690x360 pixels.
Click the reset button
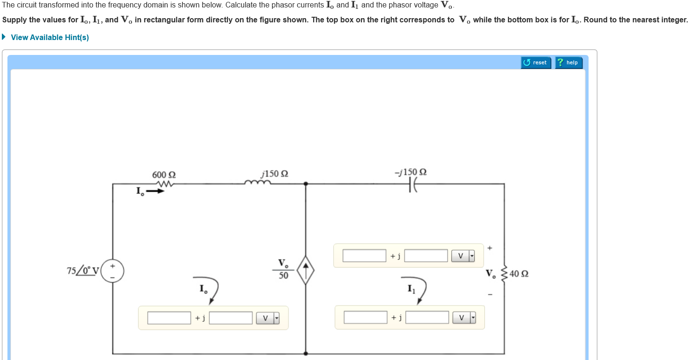click(x=536, y=62)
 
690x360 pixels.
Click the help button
click(x=568, y=62)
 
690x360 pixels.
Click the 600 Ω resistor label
click(x=164, y=175)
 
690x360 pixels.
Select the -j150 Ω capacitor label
click(x=410, y=172)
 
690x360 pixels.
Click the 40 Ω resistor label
click(x=519, y=273)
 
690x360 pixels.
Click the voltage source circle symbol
click(x=113, y=271)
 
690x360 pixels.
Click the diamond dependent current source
click(x=305, y=271)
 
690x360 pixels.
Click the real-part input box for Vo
click(x=364, y=256)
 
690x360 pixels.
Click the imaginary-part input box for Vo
click(x=426, y=256)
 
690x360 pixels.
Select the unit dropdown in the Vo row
click(x=463, y=256)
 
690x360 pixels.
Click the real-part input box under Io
click(x=169, y=318)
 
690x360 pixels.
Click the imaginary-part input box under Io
click(x=230, y=318)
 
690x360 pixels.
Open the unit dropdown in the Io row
click(x=268, y=318)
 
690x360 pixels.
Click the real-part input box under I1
click(x=365, y=318)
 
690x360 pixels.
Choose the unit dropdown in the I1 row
click(x=464, y=318)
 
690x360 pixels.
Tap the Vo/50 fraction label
click(x=283, y=269)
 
